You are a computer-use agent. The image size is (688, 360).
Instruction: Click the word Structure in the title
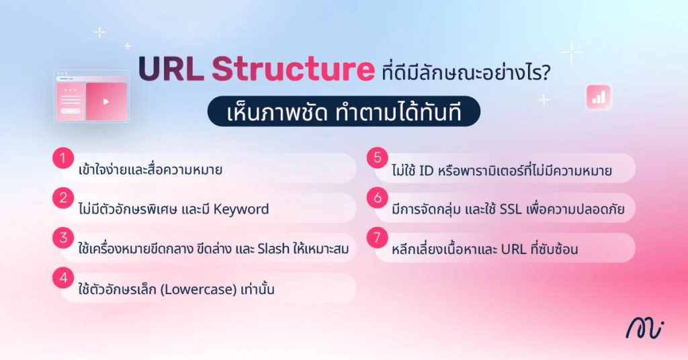(292, 70)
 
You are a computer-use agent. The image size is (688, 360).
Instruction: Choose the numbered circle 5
(378, 159)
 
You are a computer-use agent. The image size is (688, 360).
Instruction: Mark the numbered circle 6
(378, 198)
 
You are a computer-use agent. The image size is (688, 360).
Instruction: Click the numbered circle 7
(378, 238)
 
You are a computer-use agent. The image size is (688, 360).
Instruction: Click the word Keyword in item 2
(240, 209)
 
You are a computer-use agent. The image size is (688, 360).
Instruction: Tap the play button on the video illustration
(106, 102)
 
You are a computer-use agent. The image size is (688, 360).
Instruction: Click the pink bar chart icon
(597, 97)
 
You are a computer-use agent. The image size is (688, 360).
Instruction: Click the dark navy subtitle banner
(343, 111)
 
